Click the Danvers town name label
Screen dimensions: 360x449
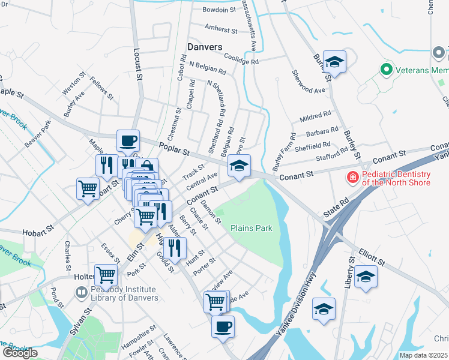(205, 47)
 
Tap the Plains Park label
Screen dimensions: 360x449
(252, 228)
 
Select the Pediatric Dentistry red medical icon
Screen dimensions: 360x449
(352, 178)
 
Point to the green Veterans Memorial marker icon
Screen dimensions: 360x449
(387, 70)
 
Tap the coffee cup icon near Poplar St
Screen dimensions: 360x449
(128, 141)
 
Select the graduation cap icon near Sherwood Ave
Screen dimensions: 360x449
(334, 61)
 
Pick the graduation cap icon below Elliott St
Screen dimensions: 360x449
(364, 277)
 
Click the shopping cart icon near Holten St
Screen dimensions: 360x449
(106, 275)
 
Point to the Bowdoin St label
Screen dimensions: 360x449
(218, 10)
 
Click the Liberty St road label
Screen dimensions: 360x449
(349, 274)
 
